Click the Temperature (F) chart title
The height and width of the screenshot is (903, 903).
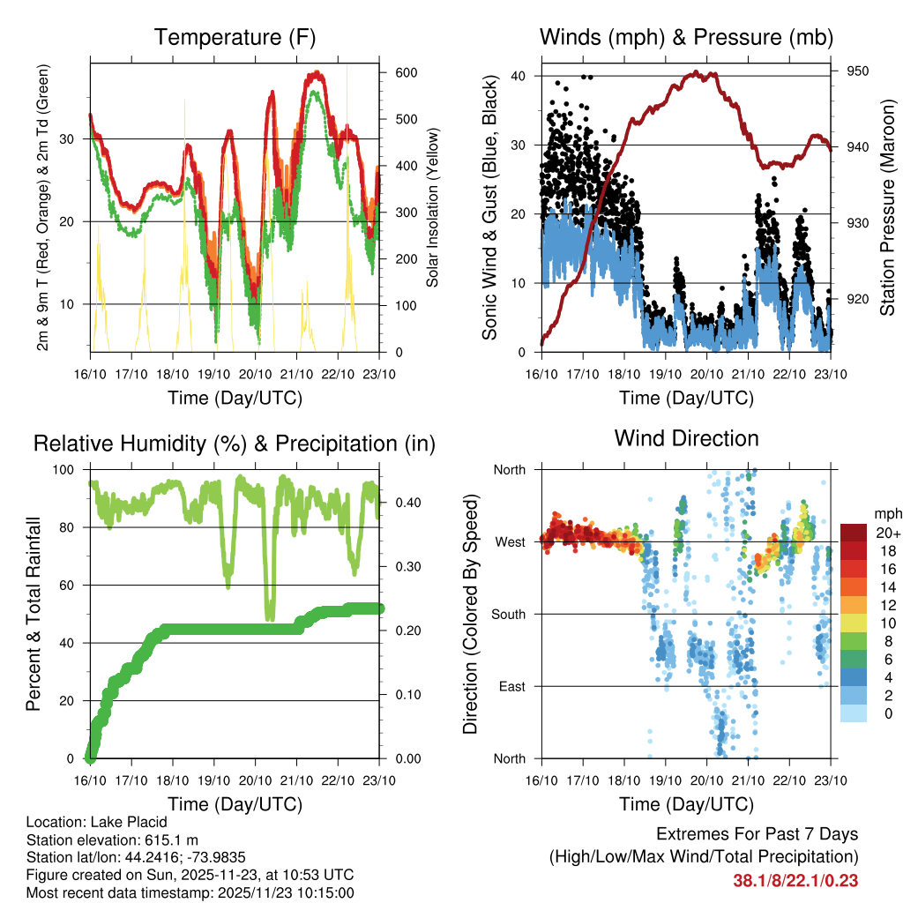point(235,37)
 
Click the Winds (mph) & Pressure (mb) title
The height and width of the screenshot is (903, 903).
point(686,37)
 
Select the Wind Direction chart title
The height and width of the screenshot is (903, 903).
point(686,437)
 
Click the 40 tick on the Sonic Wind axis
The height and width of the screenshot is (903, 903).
point(519,76)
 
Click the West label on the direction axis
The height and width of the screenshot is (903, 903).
point(510,542)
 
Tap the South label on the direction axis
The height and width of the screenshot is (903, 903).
point(507,615)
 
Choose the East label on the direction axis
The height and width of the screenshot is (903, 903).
point(511,686)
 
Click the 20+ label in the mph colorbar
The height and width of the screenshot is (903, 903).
point(887,533)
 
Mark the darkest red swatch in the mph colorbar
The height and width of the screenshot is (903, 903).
point(853,532)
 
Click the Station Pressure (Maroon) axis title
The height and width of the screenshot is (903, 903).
point(888,207)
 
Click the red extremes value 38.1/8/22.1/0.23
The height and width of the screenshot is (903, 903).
point(795,880)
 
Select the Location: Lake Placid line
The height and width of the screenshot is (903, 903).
point(97,822)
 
